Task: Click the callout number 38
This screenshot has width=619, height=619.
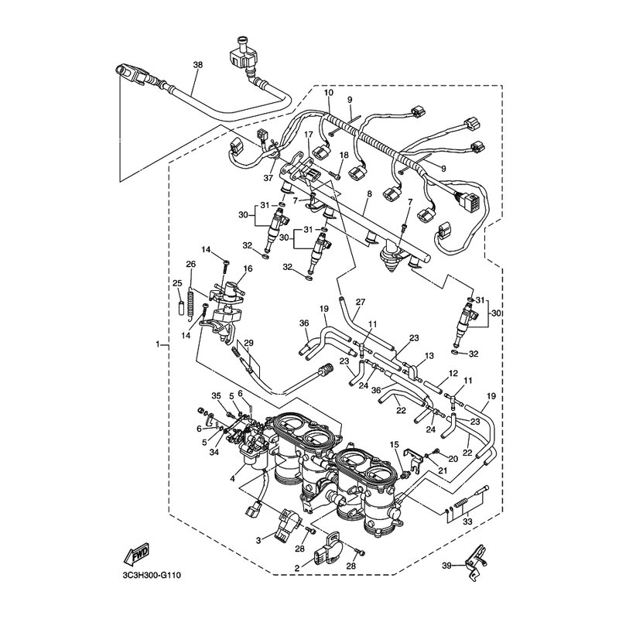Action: [198, 64]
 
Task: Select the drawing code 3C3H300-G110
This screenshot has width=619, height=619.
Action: [152, 575]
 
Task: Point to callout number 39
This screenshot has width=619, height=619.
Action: [446, 566]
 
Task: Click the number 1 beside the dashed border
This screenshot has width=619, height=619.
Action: [158, 344]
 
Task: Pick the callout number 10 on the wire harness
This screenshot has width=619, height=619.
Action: [329, 93]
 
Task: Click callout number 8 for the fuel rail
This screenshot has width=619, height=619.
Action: [369, 194]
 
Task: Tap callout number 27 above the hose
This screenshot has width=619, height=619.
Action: [361, 302]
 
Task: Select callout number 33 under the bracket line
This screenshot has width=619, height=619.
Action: [467, 522]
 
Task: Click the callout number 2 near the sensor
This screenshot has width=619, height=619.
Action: [297, 568]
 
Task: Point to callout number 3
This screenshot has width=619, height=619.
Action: [258, 540]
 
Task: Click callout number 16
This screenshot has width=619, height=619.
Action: [248, 268]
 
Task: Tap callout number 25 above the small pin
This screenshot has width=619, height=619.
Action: [177, 283]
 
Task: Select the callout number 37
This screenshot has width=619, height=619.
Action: [268, 178]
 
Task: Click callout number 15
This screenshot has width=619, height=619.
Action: [395, 445]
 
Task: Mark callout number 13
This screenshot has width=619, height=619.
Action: [429, 356]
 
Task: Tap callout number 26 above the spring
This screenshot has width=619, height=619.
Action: [190, 264]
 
